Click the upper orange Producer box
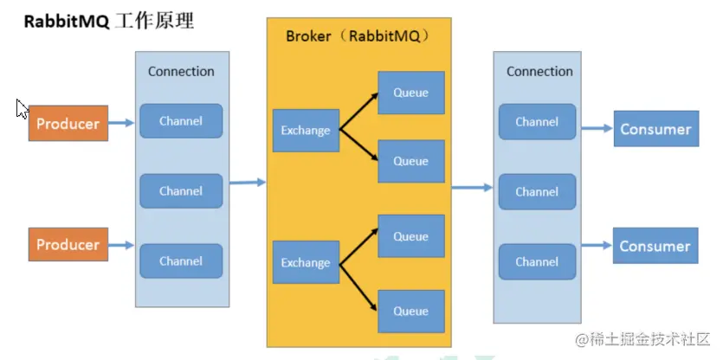tap(68, 124)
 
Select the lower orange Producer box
tap(68, 245)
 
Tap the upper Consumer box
tap(655, 129)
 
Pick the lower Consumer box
tap(655, 246)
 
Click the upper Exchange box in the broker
tap(306, 131)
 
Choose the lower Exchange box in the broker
tap(306, 263)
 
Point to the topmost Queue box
tap(410, 93)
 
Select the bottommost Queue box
tap(410, 312)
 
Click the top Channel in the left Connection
tap(181, 121)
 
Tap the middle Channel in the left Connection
tap(181, 191)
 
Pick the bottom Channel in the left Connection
tap(181, 260)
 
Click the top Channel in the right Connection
tap(537, 122)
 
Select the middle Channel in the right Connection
tap(537, 191)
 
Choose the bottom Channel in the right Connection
tap(537, 261)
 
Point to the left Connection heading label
tap(181, 71)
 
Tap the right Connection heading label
tap(539, 71)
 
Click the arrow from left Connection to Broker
tap(248, 182)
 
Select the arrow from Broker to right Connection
tap(473, 187)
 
